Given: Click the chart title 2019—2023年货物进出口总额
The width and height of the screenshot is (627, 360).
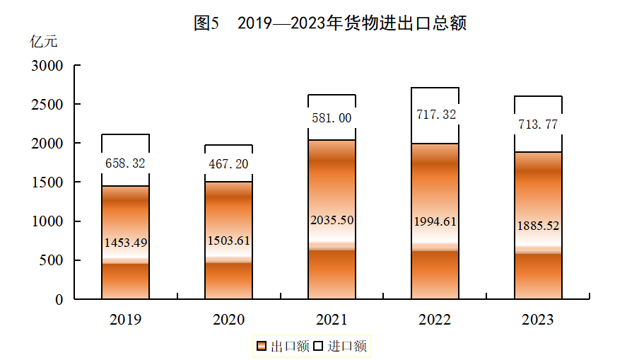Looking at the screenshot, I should point(330,23).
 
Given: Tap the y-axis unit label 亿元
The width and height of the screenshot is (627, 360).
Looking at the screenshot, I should point(44,41).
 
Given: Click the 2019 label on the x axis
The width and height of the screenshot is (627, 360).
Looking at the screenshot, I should point(125,320).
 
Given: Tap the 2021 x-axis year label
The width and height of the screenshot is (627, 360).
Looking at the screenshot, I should point(332,320).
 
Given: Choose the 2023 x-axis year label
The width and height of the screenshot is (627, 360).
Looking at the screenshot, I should point(537,320).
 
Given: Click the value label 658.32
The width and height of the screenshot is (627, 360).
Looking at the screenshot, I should point(125,163).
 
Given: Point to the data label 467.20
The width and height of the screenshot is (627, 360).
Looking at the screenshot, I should point(228,163).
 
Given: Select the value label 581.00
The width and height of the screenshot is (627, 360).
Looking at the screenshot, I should point(332,118).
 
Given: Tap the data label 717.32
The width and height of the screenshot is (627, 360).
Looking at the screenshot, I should point(435,114).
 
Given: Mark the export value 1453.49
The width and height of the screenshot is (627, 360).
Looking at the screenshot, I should point(125,243).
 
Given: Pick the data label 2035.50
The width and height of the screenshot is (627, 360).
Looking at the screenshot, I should point(332,220).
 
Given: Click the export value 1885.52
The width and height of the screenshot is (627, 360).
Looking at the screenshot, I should point(537,227).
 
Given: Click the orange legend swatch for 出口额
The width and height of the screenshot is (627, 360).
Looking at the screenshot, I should point(261,346).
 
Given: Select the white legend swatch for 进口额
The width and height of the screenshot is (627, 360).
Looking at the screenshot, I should point(317,346).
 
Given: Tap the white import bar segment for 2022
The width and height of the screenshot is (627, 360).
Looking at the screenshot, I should point(435,131).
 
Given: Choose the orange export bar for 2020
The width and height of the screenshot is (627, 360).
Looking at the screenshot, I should point(228,283).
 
